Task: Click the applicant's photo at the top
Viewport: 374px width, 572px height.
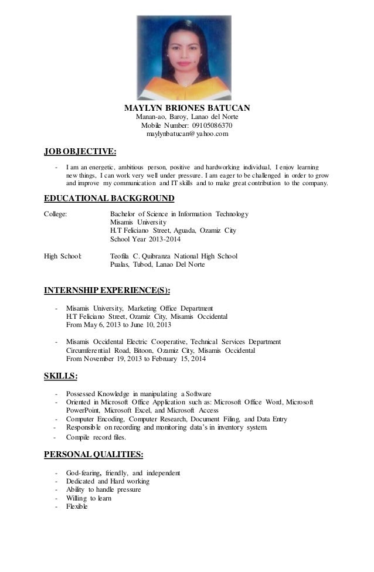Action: click(187, 52)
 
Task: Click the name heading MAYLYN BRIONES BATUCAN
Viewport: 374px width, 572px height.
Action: click(188, 108)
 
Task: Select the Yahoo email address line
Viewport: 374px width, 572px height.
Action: click(188, 134)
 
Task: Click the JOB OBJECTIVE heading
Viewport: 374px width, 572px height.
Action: click(80, 154)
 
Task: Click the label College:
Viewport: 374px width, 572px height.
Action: click(56, 213)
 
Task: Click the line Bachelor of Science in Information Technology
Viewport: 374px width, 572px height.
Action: click(179, 213)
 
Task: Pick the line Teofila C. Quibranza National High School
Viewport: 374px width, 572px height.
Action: click(174, 256)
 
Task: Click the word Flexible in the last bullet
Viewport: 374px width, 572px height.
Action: click(76, 507)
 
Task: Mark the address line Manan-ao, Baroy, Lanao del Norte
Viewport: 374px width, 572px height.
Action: click(188, 117)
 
